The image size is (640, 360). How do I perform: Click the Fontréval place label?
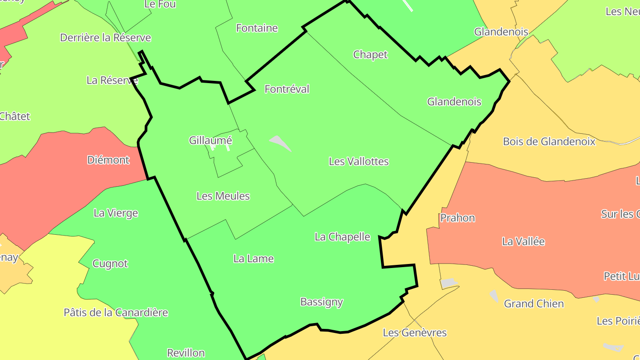[287, 89]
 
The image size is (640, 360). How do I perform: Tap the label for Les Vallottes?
[359, 161]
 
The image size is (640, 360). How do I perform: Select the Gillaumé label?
[210, 140]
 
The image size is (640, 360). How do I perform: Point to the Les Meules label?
[223, 196]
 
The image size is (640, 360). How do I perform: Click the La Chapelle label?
[342, 237]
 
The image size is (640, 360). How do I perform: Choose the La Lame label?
[253, 259]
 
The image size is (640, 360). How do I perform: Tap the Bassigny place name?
[321, 302]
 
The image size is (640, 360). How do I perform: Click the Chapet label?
[370, 55]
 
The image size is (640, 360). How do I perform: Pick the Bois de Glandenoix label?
[549, 142]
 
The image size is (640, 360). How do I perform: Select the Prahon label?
[457, 218]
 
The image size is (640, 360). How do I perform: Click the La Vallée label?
[523, 242]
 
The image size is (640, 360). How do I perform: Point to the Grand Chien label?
[533, 304]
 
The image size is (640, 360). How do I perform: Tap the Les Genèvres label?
[415, 332]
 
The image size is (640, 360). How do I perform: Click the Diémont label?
[108, 160]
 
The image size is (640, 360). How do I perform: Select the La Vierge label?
[116, 213]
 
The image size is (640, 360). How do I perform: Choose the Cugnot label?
[110, 264]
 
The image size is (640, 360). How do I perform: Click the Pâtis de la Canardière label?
[116, 312]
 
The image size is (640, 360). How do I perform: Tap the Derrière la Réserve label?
[105, 38]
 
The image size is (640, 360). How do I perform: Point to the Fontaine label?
[256, 28]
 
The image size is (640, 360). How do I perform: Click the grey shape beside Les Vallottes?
[280, 143]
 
